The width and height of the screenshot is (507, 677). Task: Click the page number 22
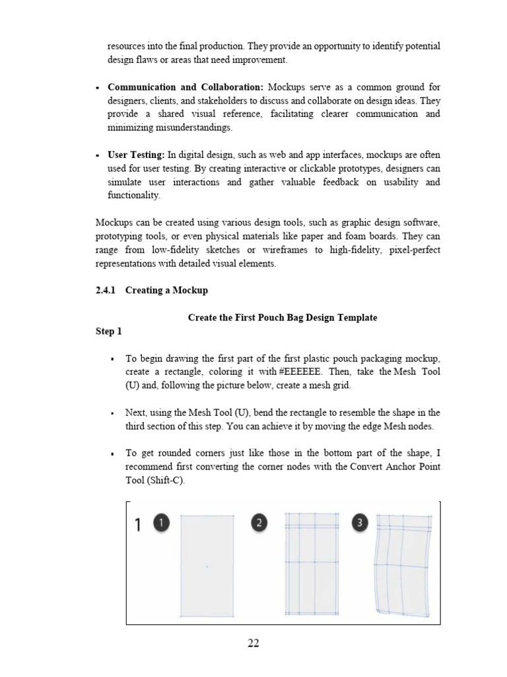click(x=253, y=643)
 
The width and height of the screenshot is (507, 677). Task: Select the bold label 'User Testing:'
click(x=136, y=155)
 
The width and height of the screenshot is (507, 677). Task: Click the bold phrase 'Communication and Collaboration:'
click(x=186, y=87)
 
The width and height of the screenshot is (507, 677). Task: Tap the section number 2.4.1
click(x=106, y=290)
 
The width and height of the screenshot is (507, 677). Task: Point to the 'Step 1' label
click(x=109, y=331)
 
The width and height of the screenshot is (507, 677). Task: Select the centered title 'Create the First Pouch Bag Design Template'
click(x=283, y=317)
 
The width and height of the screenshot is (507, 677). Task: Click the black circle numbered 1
click(x=162, y=524)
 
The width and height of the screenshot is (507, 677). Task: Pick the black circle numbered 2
click(x=259, y=524)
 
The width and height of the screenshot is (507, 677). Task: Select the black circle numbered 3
click(x=359, y=524)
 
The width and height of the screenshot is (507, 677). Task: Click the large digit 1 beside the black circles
click(x=137, y=526)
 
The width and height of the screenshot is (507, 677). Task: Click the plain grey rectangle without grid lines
click(x=207, y=565)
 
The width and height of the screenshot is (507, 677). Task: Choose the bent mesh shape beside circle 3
click(x=401, y=565)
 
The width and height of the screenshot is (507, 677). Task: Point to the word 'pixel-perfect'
click(x=412, y=249)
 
